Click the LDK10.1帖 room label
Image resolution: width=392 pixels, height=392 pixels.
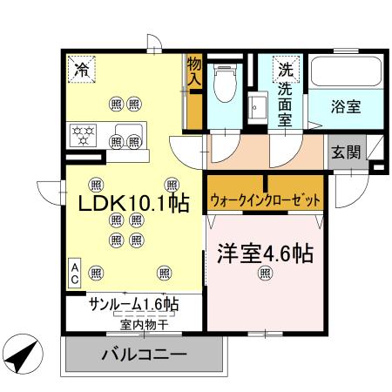135,203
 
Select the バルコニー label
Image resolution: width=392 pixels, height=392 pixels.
143,355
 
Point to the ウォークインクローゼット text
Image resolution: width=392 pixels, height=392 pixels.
265,200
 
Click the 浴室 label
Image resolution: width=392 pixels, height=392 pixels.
345,107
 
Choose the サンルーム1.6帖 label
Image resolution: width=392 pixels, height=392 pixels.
133,305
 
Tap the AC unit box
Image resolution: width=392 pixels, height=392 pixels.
75,273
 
